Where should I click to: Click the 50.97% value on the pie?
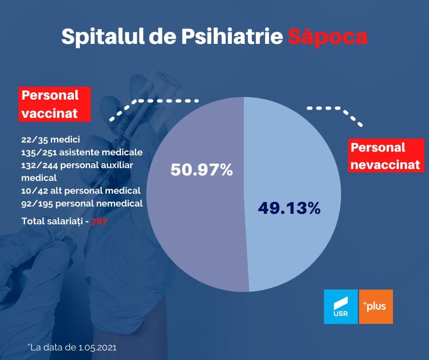click(x=202, y=170)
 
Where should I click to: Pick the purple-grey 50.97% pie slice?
click(x=196, y=228)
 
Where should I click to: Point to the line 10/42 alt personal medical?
click(x=80, y=191)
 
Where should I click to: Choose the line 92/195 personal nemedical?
click(x=82, y=203)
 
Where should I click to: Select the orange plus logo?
click(x=376, y=307)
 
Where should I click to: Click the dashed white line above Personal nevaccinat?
click(x=338, y=112)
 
